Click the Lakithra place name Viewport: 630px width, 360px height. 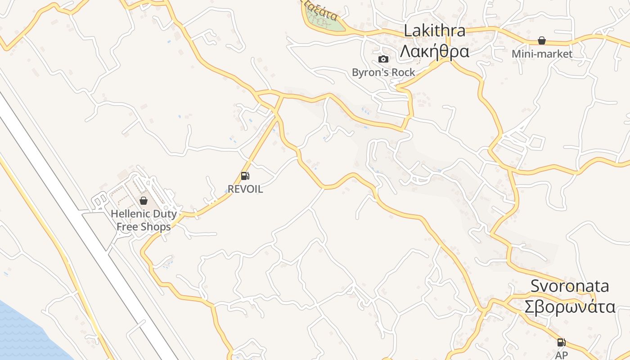434,31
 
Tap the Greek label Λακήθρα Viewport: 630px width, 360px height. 434,52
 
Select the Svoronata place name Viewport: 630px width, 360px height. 570,286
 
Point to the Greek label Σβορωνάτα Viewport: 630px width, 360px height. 570,307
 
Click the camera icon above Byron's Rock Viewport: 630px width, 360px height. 383,59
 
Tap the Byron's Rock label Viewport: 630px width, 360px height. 383,72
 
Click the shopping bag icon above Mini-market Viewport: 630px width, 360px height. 542,41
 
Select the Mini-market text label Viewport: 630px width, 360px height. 542,54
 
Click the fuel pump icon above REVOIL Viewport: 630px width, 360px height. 245,176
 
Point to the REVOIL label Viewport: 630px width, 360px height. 245,189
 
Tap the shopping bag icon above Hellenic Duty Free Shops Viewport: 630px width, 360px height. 144,201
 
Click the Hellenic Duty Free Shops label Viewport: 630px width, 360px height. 144,220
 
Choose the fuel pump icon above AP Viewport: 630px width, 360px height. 561,342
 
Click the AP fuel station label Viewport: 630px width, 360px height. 561,355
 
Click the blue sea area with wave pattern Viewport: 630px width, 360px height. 22,333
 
